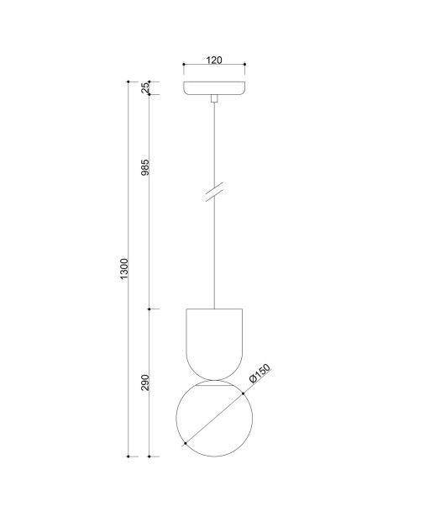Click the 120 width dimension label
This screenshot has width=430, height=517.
point(214,60)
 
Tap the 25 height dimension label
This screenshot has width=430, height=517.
point(145,87)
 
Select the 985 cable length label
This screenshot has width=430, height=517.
point(145,167)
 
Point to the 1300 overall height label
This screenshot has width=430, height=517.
point(124,270)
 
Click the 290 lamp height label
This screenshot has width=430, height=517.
point(145,382)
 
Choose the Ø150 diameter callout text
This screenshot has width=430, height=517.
point(260,373)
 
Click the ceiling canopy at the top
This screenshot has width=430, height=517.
point(214,88)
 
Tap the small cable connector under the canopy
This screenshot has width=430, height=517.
point(214,98)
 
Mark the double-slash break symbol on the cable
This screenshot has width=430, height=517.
point(214,192)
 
